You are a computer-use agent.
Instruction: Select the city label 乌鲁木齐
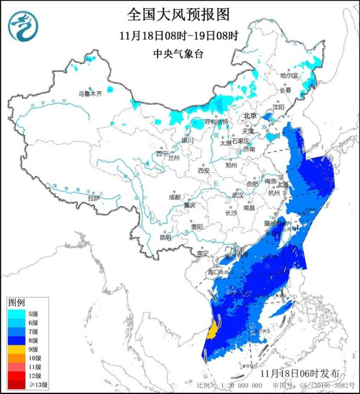click(x=90, y=93)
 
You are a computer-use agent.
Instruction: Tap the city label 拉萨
click(x=93, y=198)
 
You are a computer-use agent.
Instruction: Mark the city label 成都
click(x=174, y=197)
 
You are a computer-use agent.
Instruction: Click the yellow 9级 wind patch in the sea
click(x=211, y=330)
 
